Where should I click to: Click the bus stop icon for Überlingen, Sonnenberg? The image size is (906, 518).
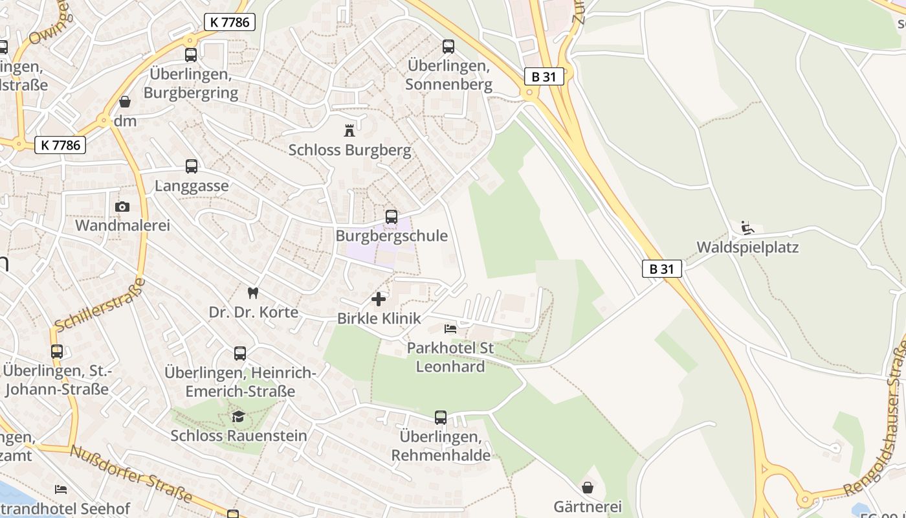(x=448, y=47)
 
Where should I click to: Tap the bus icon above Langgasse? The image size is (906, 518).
(x=191, y=166)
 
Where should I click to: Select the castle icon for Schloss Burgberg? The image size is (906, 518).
(x=349, y=130)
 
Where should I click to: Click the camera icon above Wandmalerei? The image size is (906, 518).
(x=122, y=207)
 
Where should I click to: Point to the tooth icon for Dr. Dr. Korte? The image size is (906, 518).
(x=253, y=293)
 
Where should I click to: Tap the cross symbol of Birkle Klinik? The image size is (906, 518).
(x=379, y=299)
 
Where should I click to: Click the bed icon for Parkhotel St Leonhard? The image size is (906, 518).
(x=450, y=329)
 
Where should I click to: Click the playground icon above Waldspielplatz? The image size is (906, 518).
(x=747, y=227)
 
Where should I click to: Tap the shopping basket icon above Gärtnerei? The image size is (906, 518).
(x=588, y=487)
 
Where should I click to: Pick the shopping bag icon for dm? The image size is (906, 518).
(x=124, y=102)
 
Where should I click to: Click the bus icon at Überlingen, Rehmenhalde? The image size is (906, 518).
(x=440, y=418)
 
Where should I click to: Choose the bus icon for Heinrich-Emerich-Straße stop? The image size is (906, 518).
(x=240, y=354)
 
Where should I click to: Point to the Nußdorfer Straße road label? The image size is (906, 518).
(x=132, y=474)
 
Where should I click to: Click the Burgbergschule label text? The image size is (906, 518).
(x=392, y=236)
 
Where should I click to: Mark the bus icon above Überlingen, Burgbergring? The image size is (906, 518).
(x=190, y=55)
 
